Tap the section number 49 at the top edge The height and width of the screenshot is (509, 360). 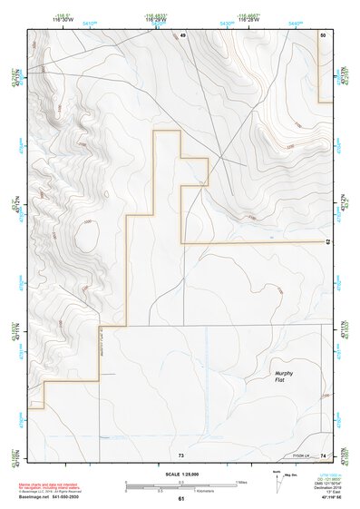[182, 34]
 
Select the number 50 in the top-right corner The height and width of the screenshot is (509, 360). [323, 34]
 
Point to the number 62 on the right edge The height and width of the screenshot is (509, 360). [326, 242]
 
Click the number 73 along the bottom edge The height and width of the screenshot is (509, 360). [181, 454]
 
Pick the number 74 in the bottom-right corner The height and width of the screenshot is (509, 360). [323, 454]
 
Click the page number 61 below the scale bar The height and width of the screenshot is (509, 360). [181, 499]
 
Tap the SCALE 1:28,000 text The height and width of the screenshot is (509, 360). [180, 474]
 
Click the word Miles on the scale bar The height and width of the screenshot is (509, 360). [242, 483]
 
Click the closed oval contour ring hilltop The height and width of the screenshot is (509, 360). [89, 238]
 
